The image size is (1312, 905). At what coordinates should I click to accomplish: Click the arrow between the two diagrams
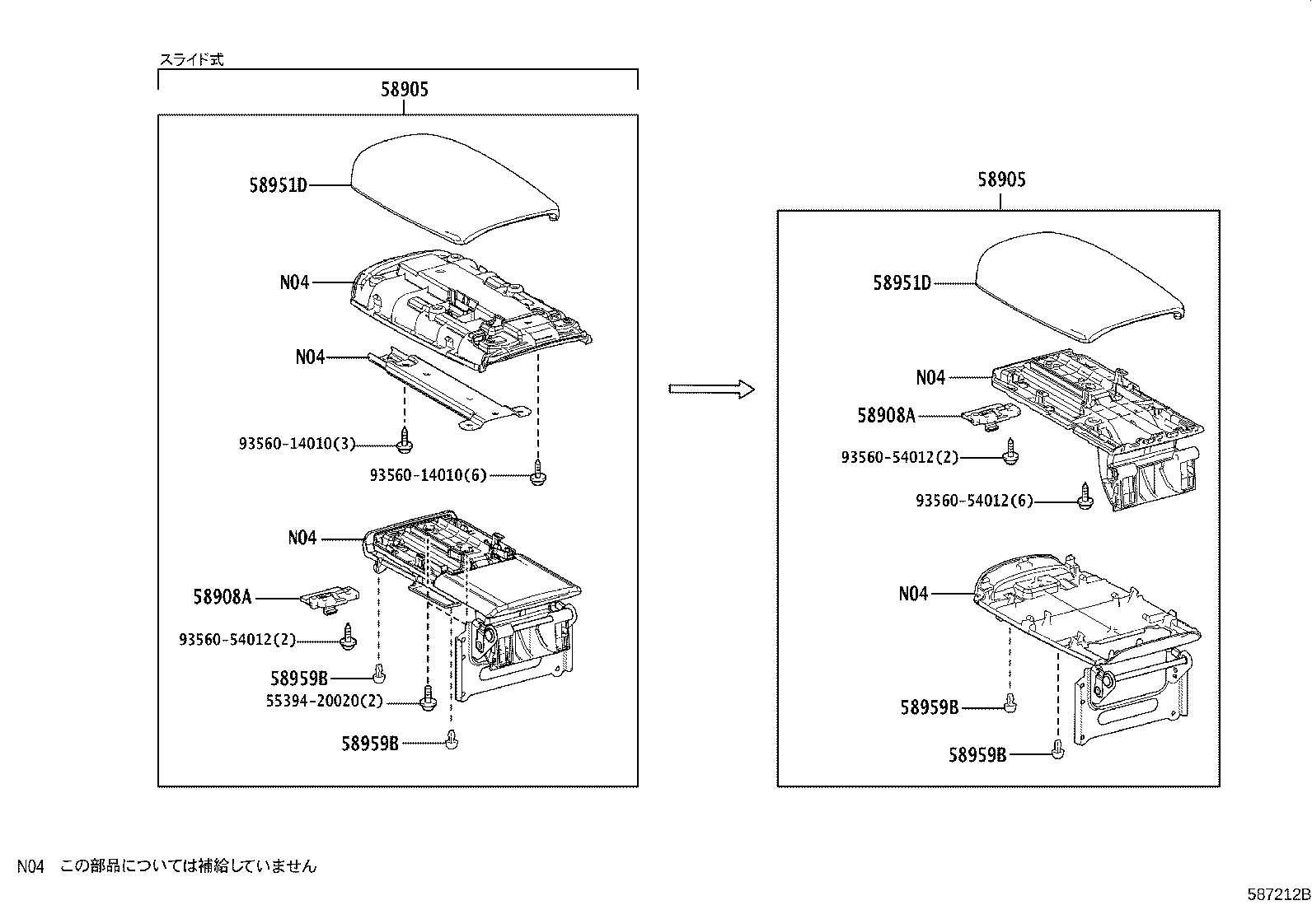(711, 389)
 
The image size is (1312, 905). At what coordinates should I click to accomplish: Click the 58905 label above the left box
(404, 90)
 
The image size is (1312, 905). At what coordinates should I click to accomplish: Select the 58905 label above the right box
(1001, 180)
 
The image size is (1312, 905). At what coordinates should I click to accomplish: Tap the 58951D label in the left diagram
(278, 186)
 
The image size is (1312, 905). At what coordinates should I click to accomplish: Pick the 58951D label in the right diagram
(902, 283)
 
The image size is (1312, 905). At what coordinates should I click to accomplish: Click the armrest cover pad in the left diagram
(454, 188)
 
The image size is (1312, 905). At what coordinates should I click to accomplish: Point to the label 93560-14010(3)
(298, 444)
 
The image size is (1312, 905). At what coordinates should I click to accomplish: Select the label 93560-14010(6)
(428, 475)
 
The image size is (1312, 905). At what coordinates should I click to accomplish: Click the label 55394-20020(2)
(325, 702)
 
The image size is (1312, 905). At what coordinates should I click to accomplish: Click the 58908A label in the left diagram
(223, 596)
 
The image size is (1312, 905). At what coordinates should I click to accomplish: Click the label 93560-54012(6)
(974, 501)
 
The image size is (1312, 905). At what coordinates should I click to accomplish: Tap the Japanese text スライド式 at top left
(190, 59)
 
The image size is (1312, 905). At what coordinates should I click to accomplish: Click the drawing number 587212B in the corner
(1277, 893)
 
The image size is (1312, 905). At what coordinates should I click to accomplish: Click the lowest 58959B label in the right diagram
(977, 754)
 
